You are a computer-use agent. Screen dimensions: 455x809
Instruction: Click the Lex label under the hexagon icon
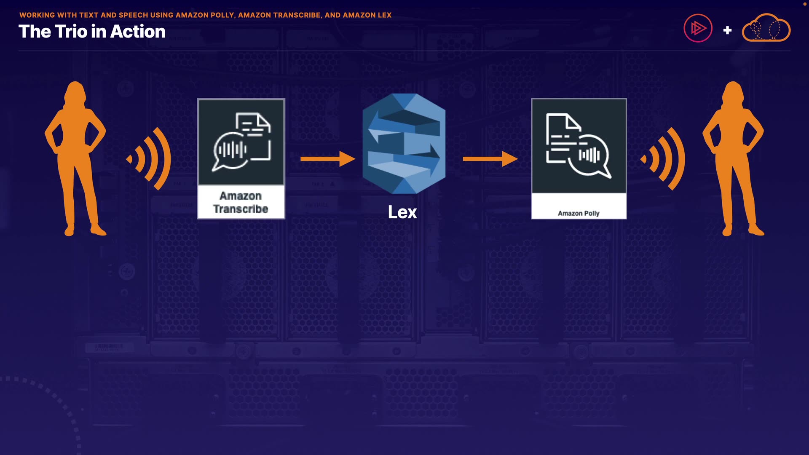coord(402,212)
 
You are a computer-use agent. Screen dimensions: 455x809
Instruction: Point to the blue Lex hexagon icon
coord(404,144)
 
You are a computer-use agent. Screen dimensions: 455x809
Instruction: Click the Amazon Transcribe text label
coord(241,203)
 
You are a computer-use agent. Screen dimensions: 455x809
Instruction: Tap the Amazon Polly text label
coord(579,213)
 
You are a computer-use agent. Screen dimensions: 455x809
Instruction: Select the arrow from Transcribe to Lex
coord(327,159)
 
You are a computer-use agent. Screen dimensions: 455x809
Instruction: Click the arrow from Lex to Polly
coord(490,159)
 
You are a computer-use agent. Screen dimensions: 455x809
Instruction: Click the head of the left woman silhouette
coord(75,92)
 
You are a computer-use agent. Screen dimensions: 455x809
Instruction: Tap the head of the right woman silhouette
coord(733,92)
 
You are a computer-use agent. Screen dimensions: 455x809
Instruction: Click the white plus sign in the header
coord(727,30)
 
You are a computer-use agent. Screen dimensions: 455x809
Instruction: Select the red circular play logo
coord(698,28)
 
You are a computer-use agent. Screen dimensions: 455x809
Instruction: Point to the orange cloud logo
coord(766,28)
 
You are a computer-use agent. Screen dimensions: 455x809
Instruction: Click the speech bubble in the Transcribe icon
coord(230,151)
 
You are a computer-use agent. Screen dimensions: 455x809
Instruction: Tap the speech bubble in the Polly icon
coord(590,155)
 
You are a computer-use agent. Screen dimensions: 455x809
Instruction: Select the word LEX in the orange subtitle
coord(384,15)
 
